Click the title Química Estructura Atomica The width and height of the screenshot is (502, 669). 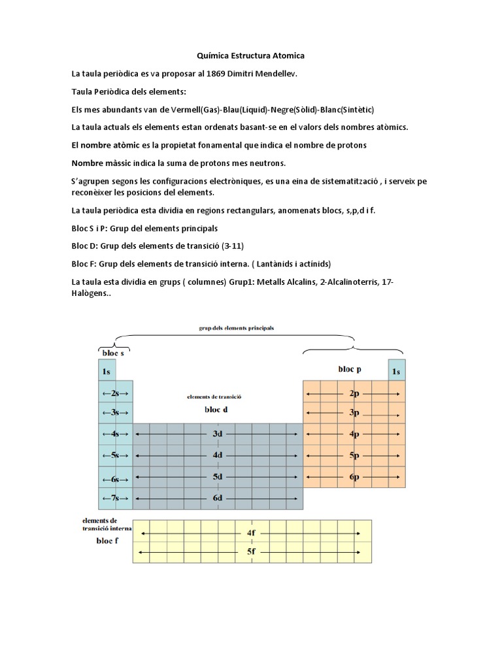pyautogui.click(x=251, y=57)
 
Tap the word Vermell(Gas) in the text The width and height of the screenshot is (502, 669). pyautogui.click(x=192, y=109)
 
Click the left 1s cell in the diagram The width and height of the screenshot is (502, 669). pyautogui.click(x=106, y=372)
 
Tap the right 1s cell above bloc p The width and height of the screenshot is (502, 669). pyautogui.click(x=395, y=372)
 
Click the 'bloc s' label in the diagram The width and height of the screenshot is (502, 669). pyautogui.click(x=112, y=353)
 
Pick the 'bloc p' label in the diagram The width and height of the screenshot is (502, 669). pyautogui.click(x=350, y=369)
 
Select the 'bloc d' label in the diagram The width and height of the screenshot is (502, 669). pyautogui.click(x=216, y=410)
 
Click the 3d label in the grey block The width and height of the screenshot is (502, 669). pyautogui.click(x=218, y=434)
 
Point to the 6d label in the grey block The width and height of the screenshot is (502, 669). pyautogui.click(x=218, y=498)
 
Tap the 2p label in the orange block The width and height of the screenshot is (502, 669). pyautogui.click(x=354, y=394)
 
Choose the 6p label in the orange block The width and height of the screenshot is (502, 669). pyautogui.click(x=354, y=477)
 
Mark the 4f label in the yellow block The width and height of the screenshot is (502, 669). pyautogui.click(x=252, y=533)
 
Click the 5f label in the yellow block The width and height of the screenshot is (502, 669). pyautogui.click(x=252, y=551)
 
